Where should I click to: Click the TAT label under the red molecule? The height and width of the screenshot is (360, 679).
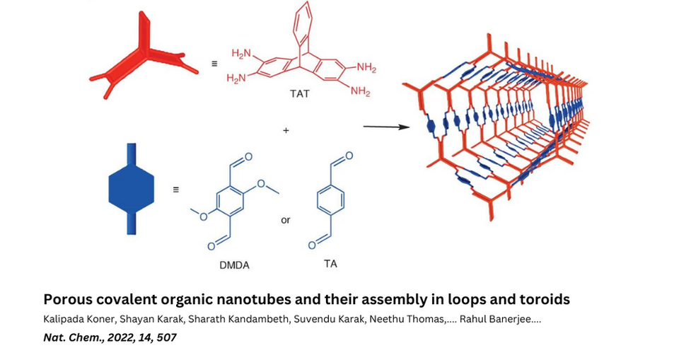(x=299, y=93)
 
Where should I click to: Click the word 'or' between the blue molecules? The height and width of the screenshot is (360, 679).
(x=286, y=220)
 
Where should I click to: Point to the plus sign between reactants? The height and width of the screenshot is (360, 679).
(x=286, y=130)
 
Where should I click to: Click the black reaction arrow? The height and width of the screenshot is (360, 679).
(x=386, y=127)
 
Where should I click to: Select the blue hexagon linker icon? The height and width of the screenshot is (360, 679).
(x=132, y=188)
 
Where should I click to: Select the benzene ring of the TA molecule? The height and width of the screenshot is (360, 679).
(x=330, y=200)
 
